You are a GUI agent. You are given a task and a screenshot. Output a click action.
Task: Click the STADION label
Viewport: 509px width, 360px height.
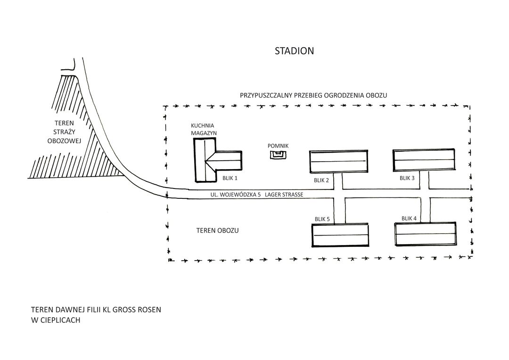coord(294,51)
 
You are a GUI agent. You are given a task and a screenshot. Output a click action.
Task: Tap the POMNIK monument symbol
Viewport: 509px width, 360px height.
coord(278,155)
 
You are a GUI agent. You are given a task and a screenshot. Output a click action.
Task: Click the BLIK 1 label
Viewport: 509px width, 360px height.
coord(230,178)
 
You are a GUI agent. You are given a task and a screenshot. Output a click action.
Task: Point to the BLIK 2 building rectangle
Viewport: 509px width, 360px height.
coord(338,162)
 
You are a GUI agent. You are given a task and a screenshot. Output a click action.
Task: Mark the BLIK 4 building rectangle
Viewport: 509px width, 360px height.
coord(425,234)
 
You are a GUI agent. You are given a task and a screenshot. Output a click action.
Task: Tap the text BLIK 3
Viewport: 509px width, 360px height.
coord(407,178)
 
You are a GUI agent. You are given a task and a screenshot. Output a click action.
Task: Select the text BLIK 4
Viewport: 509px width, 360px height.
coord(410,218)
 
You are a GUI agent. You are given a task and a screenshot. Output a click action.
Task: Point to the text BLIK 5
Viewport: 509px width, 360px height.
coord(322,219)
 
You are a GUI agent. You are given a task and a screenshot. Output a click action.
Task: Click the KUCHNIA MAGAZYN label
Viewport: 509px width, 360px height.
coord(203,130)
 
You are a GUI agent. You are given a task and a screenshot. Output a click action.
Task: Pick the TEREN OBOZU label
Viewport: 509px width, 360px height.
coord(217,231)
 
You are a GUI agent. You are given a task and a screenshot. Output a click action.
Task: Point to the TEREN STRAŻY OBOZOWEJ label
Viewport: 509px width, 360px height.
coord(65,131)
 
